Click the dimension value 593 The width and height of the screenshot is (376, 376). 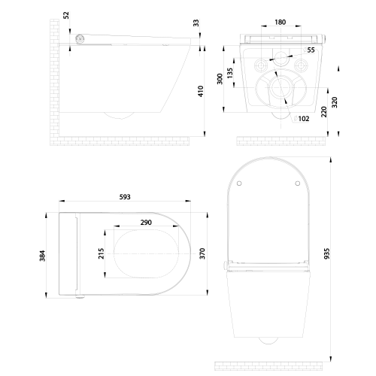point(124,197)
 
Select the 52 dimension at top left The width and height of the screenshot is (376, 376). point(66,14)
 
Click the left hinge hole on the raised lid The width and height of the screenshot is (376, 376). point(238,183)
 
